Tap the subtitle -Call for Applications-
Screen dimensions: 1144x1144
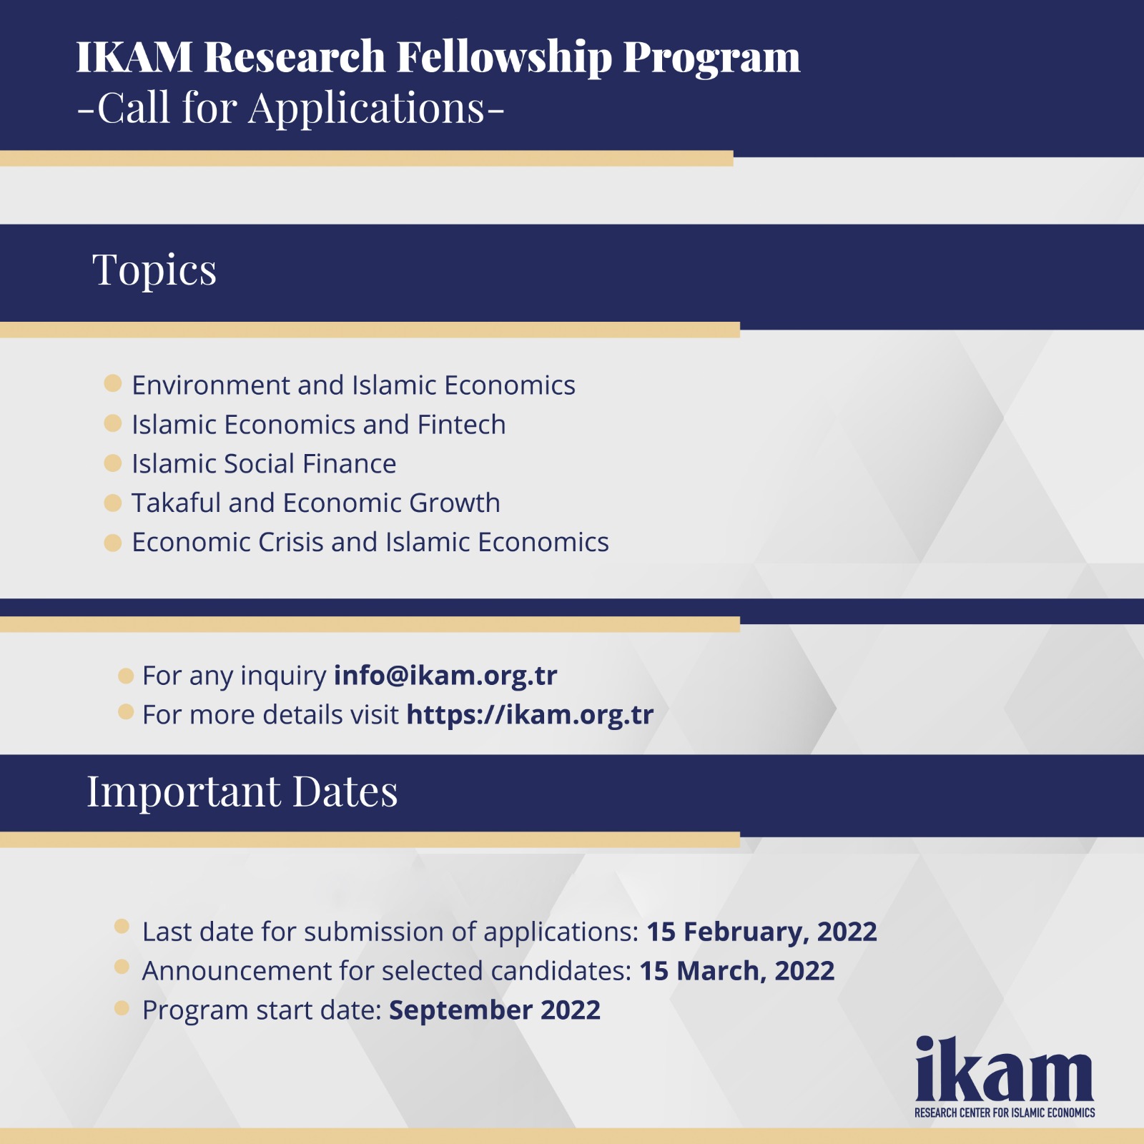pos(291,108)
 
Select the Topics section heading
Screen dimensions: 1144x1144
pos(154,270)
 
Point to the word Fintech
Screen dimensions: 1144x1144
pos(461,425)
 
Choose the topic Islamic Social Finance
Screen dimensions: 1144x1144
pos(264,464)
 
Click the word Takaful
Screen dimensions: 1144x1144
pos(177,503)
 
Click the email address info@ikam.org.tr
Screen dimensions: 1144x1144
pos(445,676)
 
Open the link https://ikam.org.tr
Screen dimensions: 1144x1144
pos(530,715)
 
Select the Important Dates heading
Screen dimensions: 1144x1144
pos(242,792)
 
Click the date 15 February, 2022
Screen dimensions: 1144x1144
pos(761,932)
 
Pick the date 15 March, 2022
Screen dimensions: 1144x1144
pos(736,971)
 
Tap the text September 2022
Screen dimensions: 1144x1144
pos(495,1011)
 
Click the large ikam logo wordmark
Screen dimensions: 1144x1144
pos(1005,1068)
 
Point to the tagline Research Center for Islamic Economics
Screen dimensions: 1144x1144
pos(1005,1113)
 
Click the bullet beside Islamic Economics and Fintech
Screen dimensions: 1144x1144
pos(113,423)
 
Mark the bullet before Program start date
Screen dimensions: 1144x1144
pos(122,1007)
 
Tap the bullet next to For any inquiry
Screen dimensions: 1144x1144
pos(126,676)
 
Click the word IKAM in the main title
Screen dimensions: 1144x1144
pos(134,56)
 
